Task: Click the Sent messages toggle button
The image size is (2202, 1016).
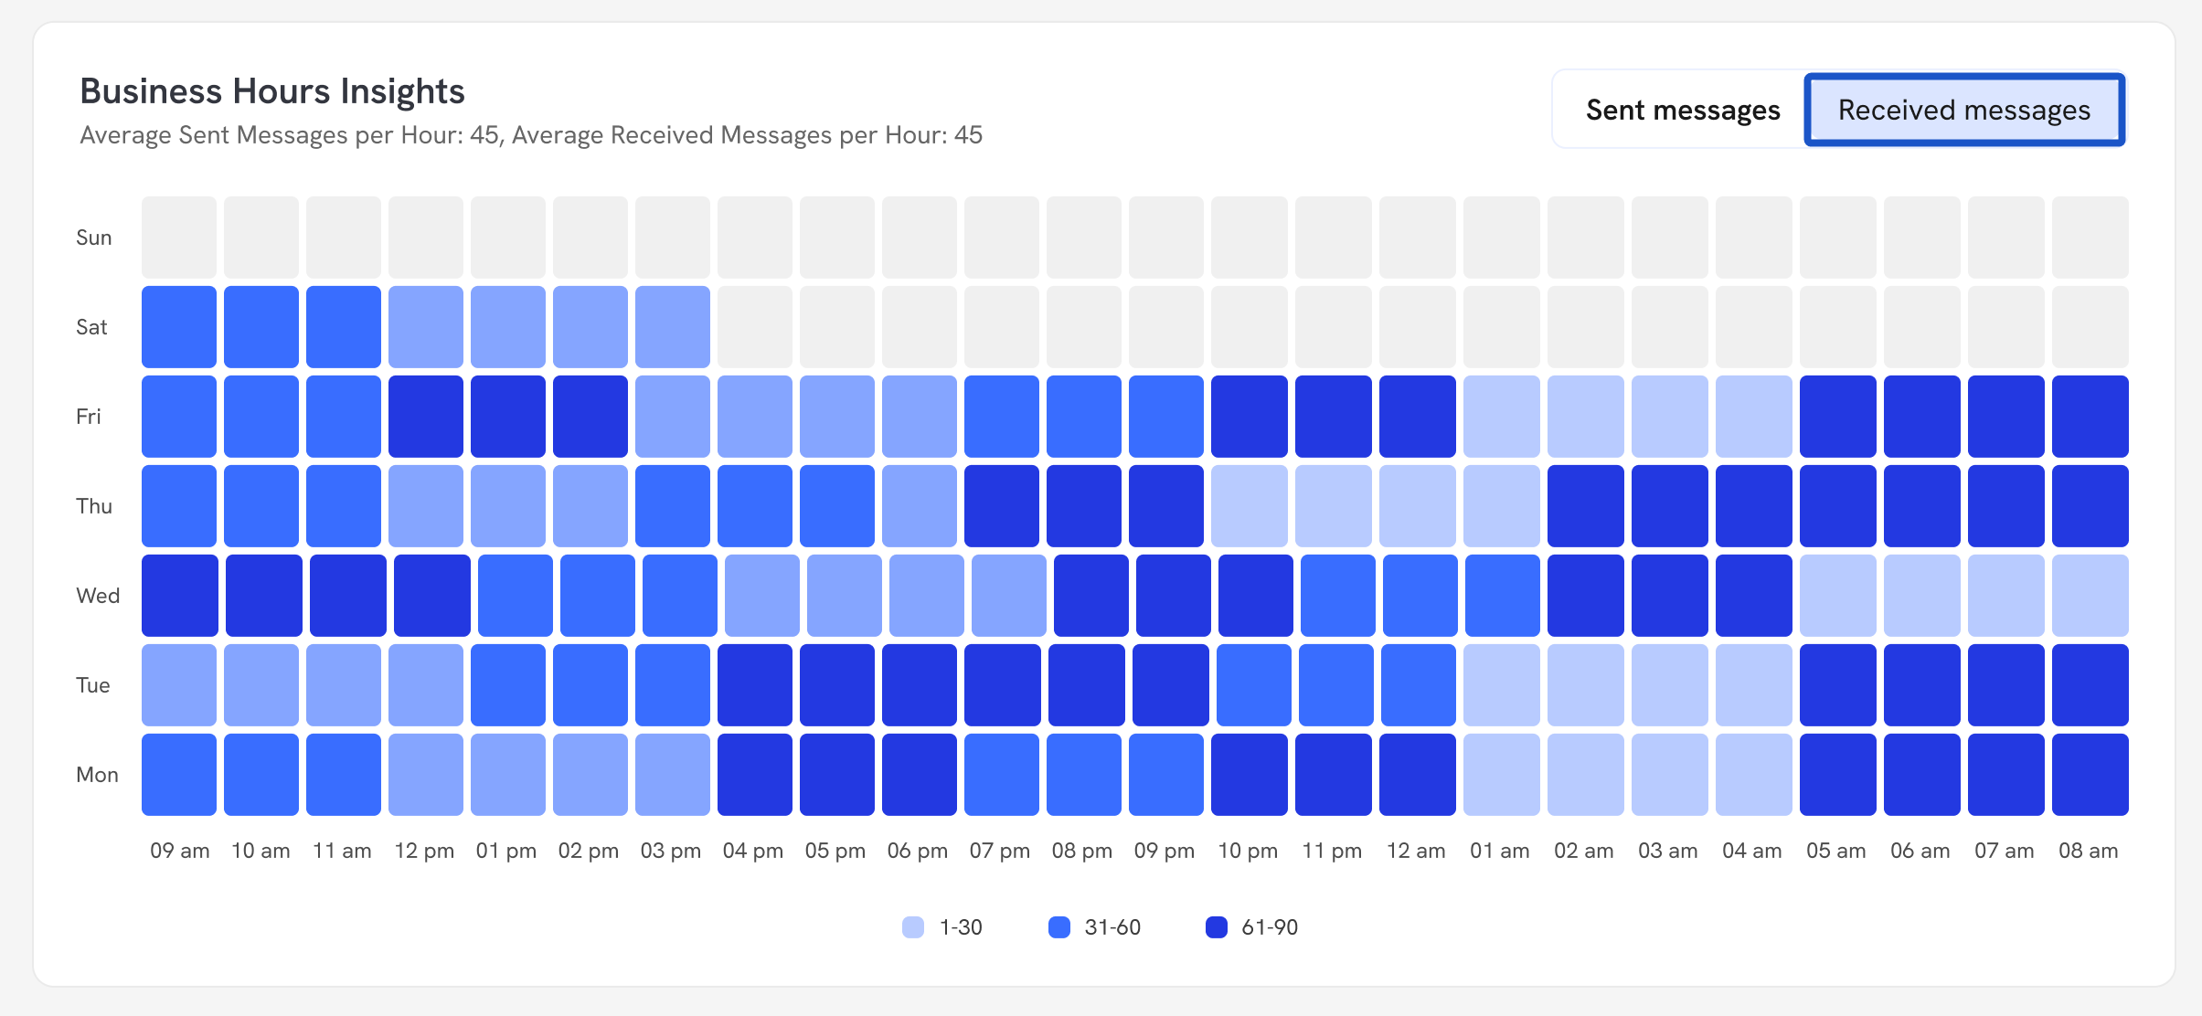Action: point(1682,111)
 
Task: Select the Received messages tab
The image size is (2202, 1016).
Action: point(1963,111)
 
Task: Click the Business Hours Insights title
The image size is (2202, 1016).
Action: point(272,91)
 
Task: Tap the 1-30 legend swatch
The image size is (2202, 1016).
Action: point(913,927)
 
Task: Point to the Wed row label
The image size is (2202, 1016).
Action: point(98,596)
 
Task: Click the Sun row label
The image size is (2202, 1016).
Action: point(94,238)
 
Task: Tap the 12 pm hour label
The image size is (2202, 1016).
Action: point(424,851)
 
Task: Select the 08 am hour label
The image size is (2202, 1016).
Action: point(2088,851)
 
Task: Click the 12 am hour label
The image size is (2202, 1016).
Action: point(1416,851)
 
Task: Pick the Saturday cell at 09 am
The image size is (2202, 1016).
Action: point(179,327)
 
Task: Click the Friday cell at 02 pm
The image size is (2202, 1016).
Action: point(590,417)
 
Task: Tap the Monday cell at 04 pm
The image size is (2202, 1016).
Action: point(755,775)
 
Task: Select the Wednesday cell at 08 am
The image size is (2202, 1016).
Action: point(2090,596)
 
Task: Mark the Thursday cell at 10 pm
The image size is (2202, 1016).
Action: point(1249,506)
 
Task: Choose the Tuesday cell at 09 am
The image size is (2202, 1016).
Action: point(179,685)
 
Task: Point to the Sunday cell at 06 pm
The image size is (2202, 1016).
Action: point(920,238)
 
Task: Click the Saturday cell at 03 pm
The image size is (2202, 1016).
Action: point(673,327)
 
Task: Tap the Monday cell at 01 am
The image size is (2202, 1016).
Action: point(1501,775)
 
